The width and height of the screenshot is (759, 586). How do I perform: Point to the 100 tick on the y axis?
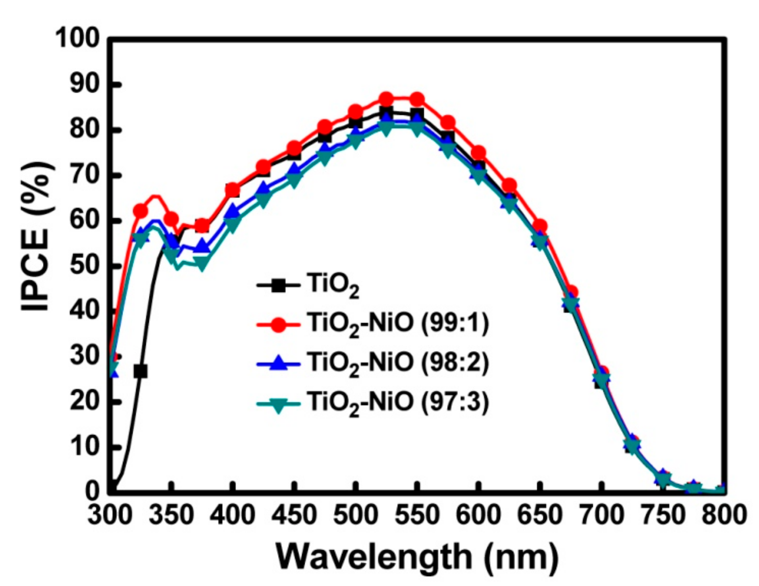78,39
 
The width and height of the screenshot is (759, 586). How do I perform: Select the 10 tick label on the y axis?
84,447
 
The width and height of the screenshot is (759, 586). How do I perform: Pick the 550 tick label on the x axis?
416,515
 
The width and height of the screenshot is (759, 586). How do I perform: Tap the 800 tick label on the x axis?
723,515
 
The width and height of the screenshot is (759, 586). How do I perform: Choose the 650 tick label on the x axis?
539,515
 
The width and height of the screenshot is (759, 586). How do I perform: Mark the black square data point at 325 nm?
140,372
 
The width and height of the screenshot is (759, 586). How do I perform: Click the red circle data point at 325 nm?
140,211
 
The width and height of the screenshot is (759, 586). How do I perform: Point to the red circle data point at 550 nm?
417,99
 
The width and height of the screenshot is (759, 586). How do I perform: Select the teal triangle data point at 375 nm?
202,264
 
